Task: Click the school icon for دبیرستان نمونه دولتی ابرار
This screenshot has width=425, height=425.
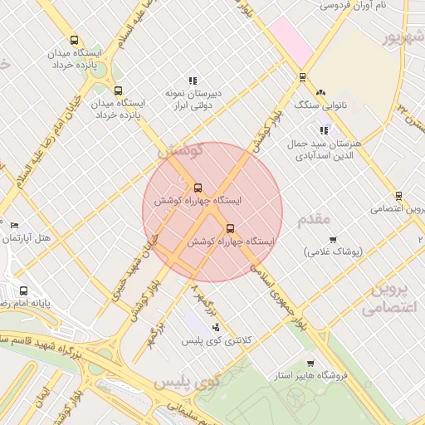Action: (193, 81)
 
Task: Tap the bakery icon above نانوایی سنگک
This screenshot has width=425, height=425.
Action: (321, 92)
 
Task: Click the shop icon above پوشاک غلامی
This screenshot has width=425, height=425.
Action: (333, 240)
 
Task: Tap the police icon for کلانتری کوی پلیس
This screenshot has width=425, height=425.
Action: (216, 328)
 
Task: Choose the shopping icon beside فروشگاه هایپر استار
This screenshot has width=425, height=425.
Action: (310, 364)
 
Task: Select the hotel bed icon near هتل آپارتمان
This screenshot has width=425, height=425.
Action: (14, 226)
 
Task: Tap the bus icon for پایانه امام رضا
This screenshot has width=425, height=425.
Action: (23, 291)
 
